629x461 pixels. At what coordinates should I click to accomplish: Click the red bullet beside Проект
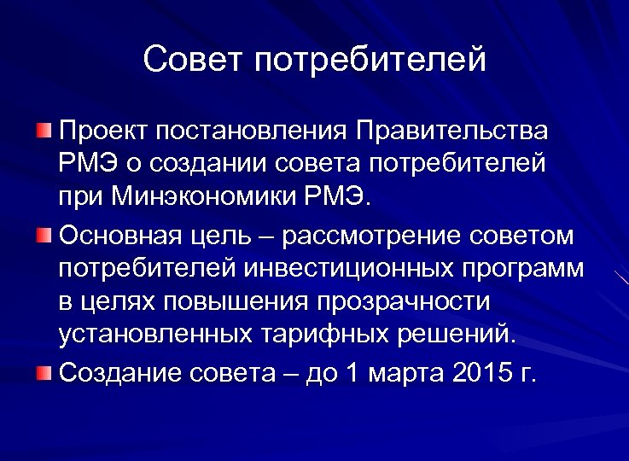pyautogui.click(x=44, y=131)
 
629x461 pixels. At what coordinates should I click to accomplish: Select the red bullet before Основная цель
pyautogui.click(x=44, y=234)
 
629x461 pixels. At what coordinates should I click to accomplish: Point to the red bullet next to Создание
pyautogui.click(x=44, y=371)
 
